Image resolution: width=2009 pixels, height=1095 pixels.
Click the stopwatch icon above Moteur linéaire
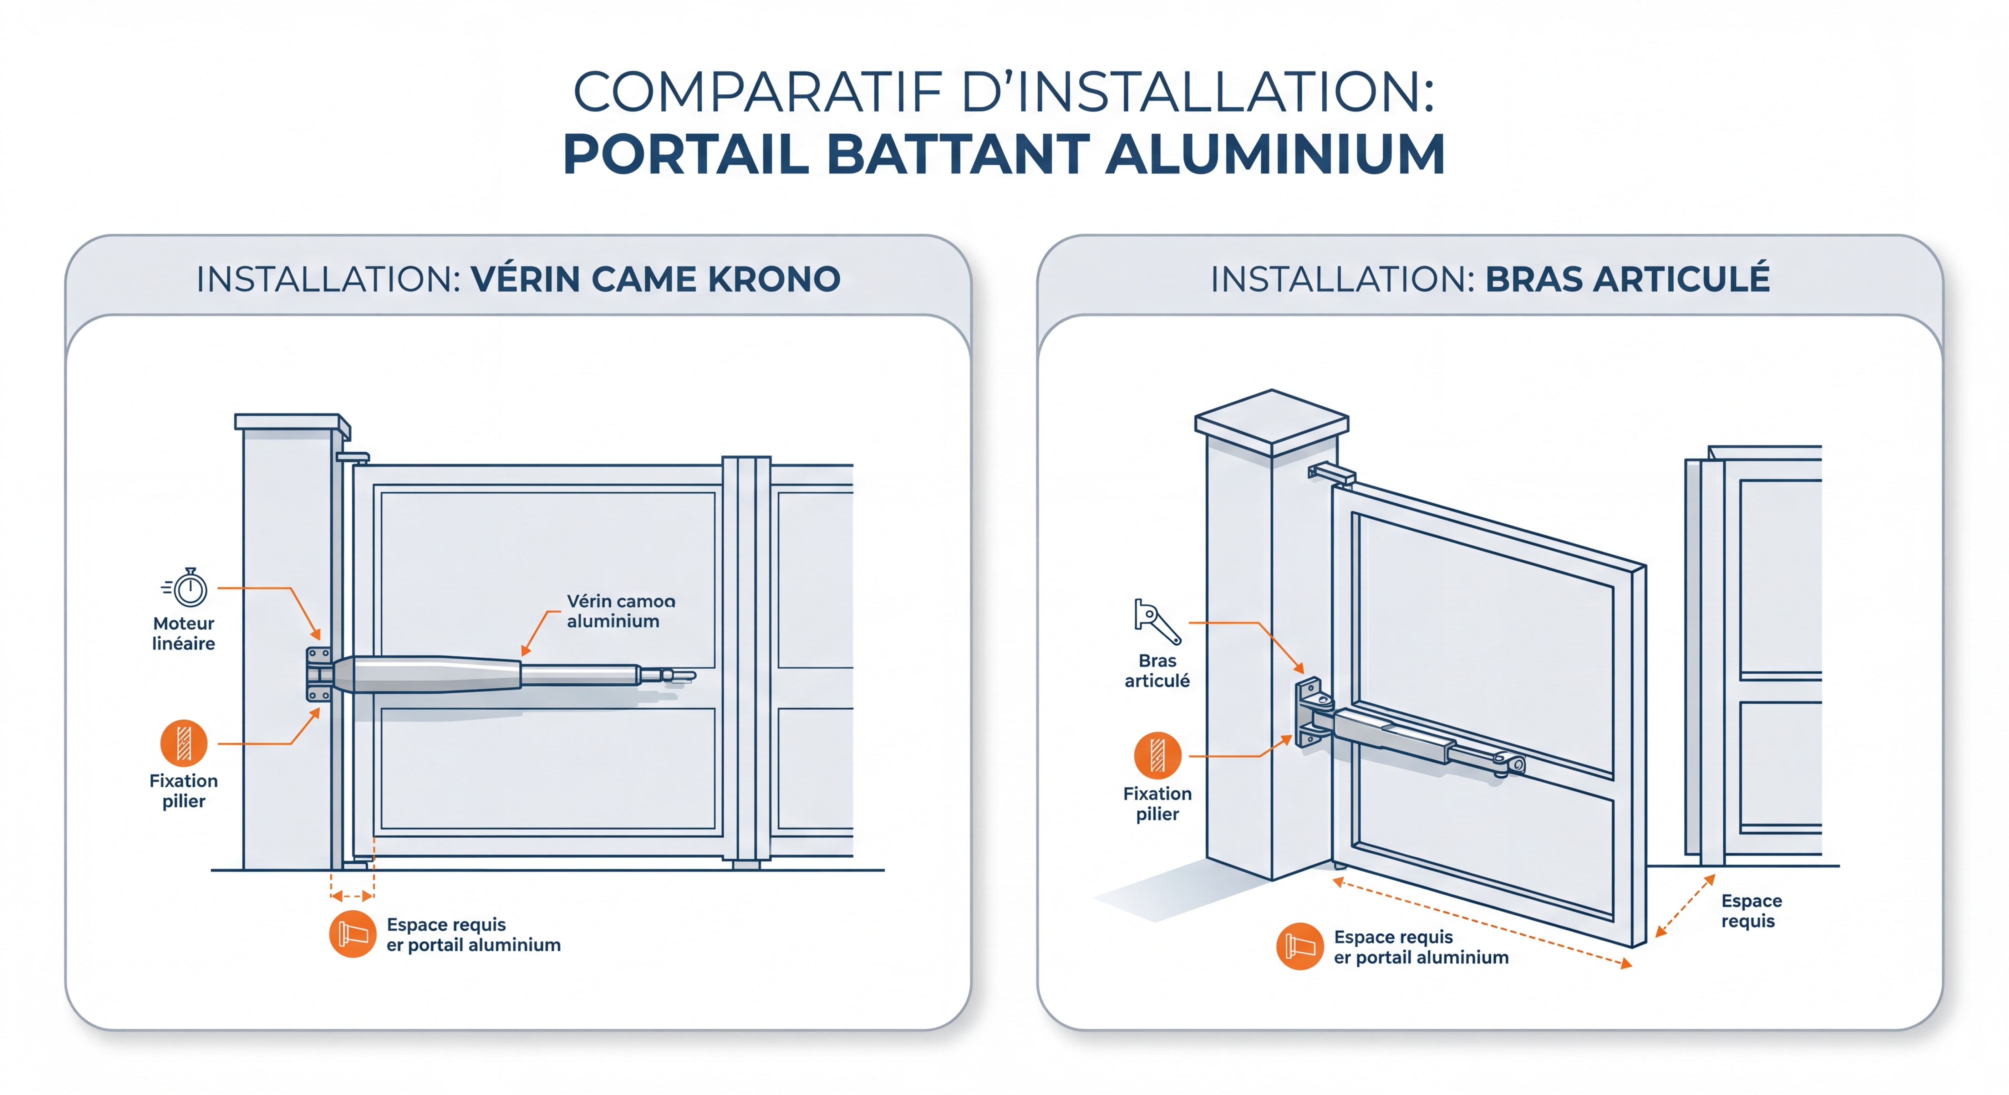(187, 588)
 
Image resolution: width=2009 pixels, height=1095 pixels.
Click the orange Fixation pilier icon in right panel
(1158, 755)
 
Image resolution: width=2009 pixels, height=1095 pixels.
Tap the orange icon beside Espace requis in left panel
(352, 934)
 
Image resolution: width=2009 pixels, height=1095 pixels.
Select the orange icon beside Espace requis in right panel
(1299, 946)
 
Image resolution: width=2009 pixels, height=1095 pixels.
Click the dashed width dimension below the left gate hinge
(352, 896)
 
